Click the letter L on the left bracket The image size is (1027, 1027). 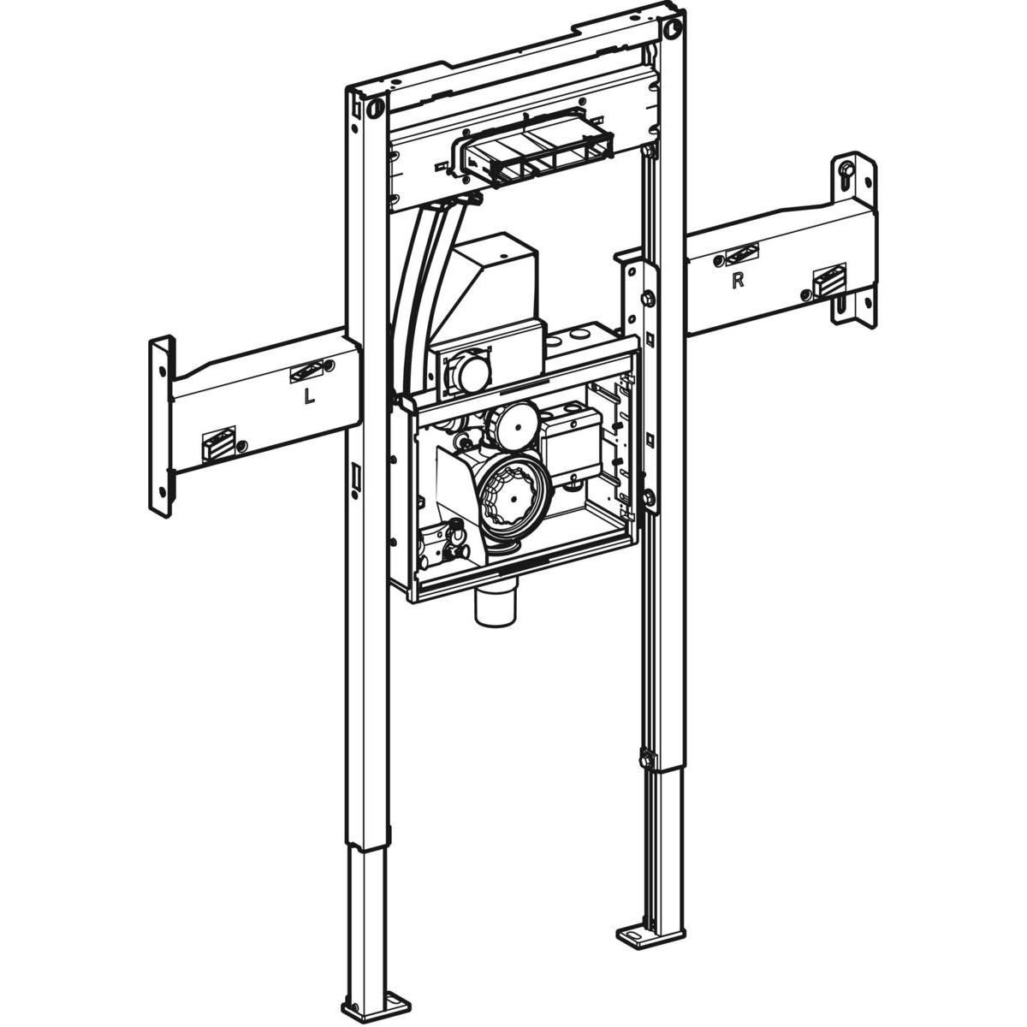point(309,396)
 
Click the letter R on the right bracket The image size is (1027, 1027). point(738,281)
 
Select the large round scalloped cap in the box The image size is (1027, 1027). point(512,497)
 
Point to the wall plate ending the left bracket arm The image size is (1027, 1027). point(162,426)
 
